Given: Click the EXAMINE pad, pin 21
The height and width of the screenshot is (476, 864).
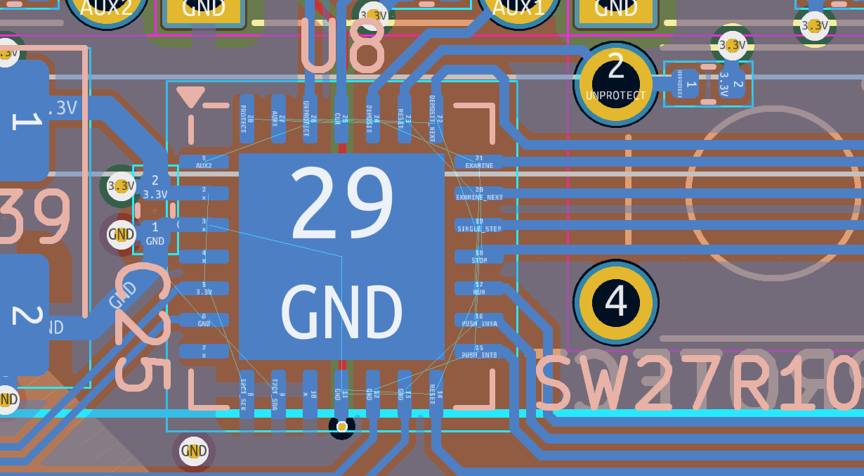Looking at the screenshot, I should [x=479, y=162].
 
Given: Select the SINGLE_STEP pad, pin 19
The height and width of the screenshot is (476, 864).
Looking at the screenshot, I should [x=479, y=225].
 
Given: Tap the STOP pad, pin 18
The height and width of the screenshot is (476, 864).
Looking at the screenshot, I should [x=479, y=257].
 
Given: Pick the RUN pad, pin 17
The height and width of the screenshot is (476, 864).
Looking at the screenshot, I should [x=479, y=288].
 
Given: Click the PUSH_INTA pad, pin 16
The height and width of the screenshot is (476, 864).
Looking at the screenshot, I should [x=479, y=320].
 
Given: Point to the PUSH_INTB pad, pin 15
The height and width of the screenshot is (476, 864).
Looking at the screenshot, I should [x=479, y=352].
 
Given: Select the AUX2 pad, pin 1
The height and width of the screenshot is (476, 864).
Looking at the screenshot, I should [x=204, y=162].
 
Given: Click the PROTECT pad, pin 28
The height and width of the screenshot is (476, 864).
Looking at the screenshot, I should [x=247, y=119].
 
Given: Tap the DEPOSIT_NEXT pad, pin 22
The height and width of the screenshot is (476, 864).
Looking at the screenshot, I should [x=436, y=119].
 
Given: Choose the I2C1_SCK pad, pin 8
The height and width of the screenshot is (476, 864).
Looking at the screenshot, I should [x=247, y=394].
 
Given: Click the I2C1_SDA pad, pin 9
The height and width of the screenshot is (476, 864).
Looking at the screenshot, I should [x=278, y=394].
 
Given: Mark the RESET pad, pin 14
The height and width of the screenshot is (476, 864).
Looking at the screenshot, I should [x=436, y=394].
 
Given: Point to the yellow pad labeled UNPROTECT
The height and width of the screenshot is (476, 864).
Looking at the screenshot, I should [x=616, y=84].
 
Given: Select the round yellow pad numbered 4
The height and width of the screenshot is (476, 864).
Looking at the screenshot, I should [x=616, y=302].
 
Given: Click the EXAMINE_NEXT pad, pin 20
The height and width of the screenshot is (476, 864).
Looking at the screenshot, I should [x=479, y=193].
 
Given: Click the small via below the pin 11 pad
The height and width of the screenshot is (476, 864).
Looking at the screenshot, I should [x=342, y=427].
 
